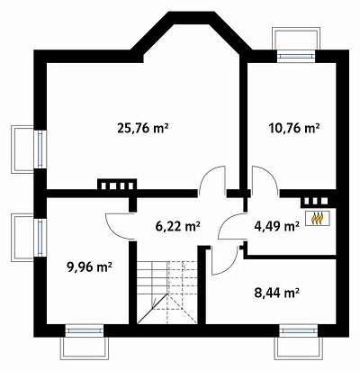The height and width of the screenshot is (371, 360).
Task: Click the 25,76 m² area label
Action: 142,129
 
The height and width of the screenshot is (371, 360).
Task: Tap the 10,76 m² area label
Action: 293,129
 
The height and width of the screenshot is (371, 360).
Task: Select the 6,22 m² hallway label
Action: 178,226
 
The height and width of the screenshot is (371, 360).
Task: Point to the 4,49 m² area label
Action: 276,226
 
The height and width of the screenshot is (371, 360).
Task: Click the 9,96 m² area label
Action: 90,267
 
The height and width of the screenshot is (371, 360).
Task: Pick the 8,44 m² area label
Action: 276,293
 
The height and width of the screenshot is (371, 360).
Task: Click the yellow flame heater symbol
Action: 318,218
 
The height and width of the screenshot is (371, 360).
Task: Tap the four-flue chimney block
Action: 117,185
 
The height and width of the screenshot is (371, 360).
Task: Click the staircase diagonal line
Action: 152,309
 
